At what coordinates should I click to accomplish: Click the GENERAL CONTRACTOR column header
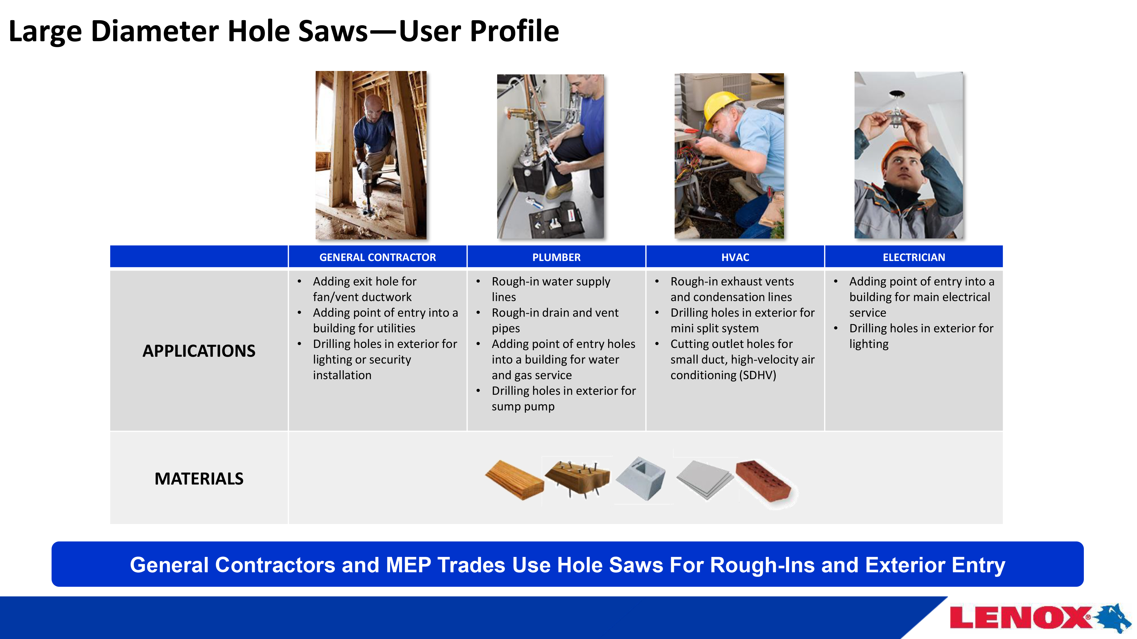pos(377,257)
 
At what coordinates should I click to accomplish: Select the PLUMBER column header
pos(556,257)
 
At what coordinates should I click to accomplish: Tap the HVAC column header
pos(735,257)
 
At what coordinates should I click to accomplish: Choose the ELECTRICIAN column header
pos(914,257)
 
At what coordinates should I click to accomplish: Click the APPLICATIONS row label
pos(199,350)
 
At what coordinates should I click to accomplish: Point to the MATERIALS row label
pos(199,479)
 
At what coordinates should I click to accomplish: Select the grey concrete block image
pos(641,479)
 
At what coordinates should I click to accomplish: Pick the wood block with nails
pos(577,479)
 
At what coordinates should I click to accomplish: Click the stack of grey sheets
pos(704,480)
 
